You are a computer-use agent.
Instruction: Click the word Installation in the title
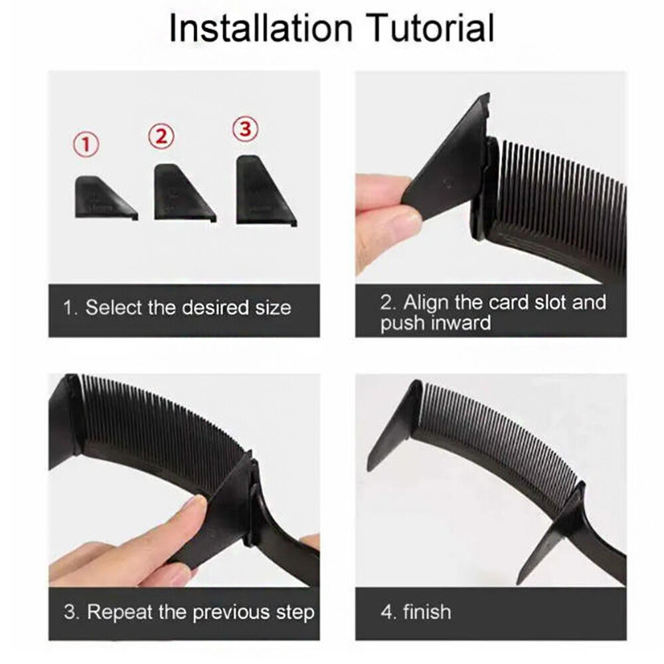point(261,28)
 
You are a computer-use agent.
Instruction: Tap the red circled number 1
point(86,144)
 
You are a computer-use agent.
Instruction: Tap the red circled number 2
point(161,136)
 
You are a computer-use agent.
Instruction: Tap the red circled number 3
point(246,128)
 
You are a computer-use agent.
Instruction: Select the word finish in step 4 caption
point(427,612)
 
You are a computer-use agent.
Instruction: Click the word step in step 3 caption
point(295,613)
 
